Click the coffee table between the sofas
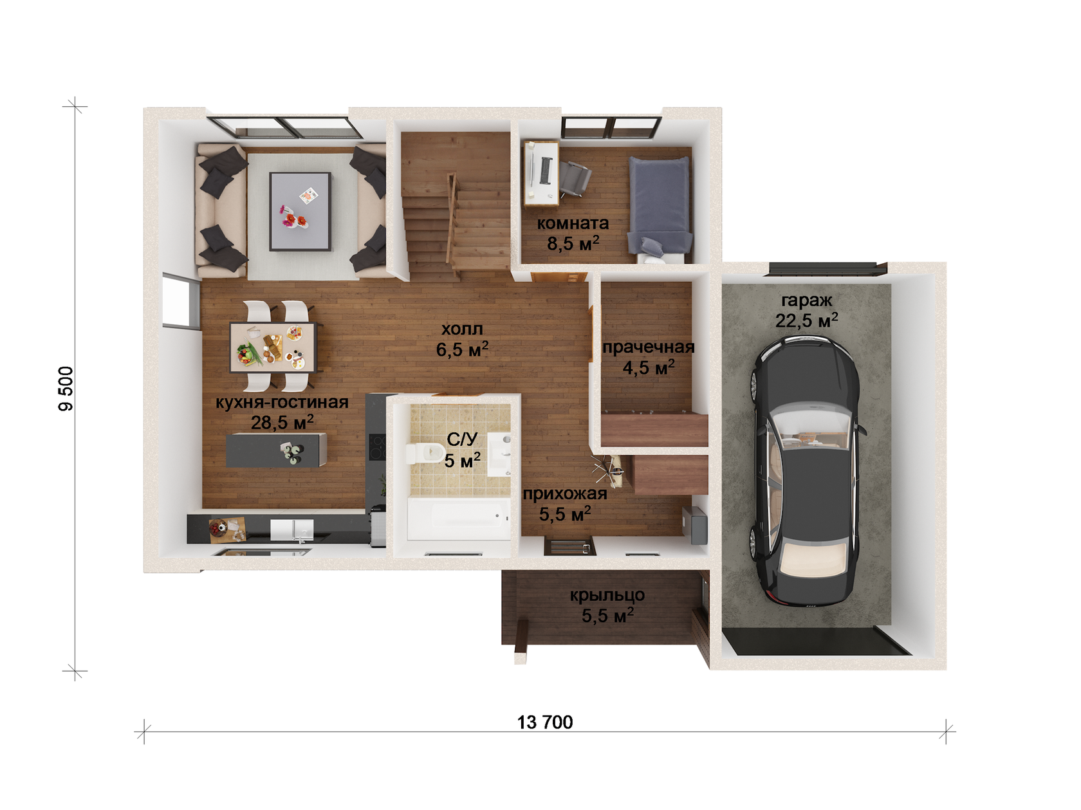click(x=299, y=211)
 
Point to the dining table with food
click(x=272, y=347)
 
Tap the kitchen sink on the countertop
click(x=291, y=530)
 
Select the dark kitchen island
click(x=276, y=450)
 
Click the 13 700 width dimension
click(x=545, y=723)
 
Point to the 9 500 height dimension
click(x=66, y=389)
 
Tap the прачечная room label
click(x=648, y=347)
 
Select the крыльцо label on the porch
click(x=607, y=595)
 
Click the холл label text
click(x=462, y=328)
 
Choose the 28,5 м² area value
click(x=282, y=422)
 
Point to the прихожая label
click(x=565, y=494)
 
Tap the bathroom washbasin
click(x=499, y=454)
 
